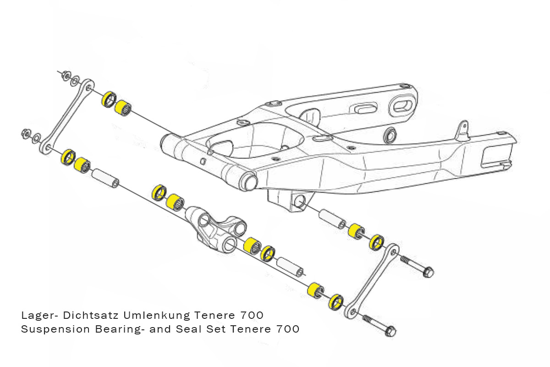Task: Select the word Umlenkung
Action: (160, 316)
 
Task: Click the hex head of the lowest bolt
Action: (390, 330)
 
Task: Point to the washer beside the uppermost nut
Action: (76, 80)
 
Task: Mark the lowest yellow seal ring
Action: (336, 301)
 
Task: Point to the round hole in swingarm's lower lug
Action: (300, 202)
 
